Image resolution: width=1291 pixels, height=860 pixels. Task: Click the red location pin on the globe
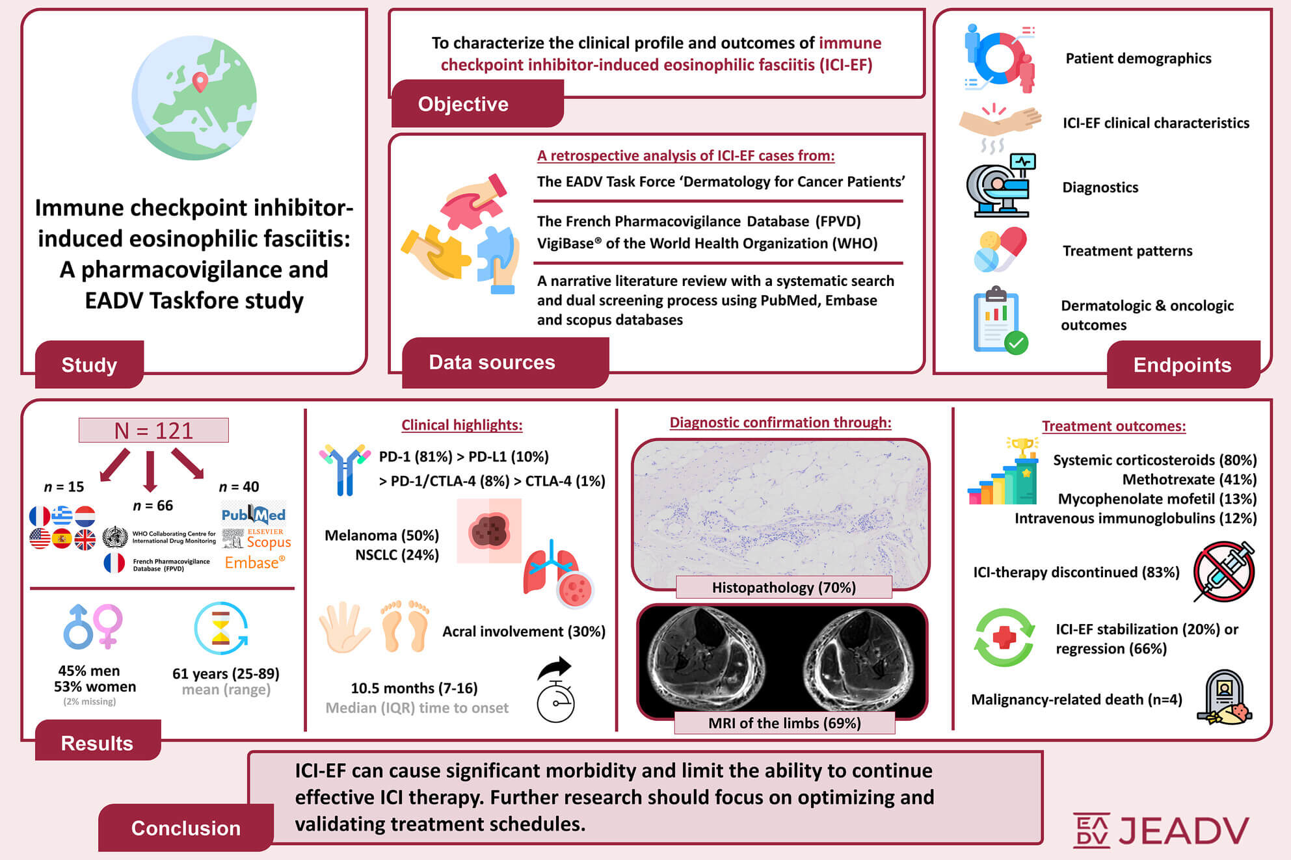pos(200,83)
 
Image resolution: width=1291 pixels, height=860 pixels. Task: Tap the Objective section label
pos(463,104)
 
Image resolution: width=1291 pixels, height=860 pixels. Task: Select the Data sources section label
pos(492,362)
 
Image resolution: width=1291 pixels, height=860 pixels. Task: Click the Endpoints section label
pos(1182,365)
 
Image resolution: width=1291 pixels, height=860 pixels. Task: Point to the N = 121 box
pos(153,430)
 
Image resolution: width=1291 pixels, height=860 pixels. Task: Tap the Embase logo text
pos(255,562)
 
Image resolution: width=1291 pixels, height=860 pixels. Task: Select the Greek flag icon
pos(62,516)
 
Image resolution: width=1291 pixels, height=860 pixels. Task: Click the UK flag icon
pos(85,540)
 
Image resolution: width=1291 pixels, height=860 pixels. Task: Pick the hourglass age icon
pos(221,628)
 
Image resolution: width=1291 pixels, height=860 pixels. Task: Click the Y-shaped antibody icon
pos(345,469)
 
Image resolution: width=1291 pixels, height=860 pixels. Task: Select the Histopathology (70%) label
pos(784,588)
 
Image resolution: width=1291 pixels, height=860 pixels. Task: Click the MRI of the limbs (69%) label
pos(784,723)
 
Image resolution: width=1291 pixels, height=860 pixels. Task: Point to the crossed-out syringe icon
pos(1224,571)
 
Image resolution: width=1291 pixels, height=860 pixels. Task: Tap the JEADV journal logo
pos(1161,830)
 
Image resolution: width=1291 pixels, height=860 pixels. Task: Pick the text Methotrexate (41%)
pos(1190,480)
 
